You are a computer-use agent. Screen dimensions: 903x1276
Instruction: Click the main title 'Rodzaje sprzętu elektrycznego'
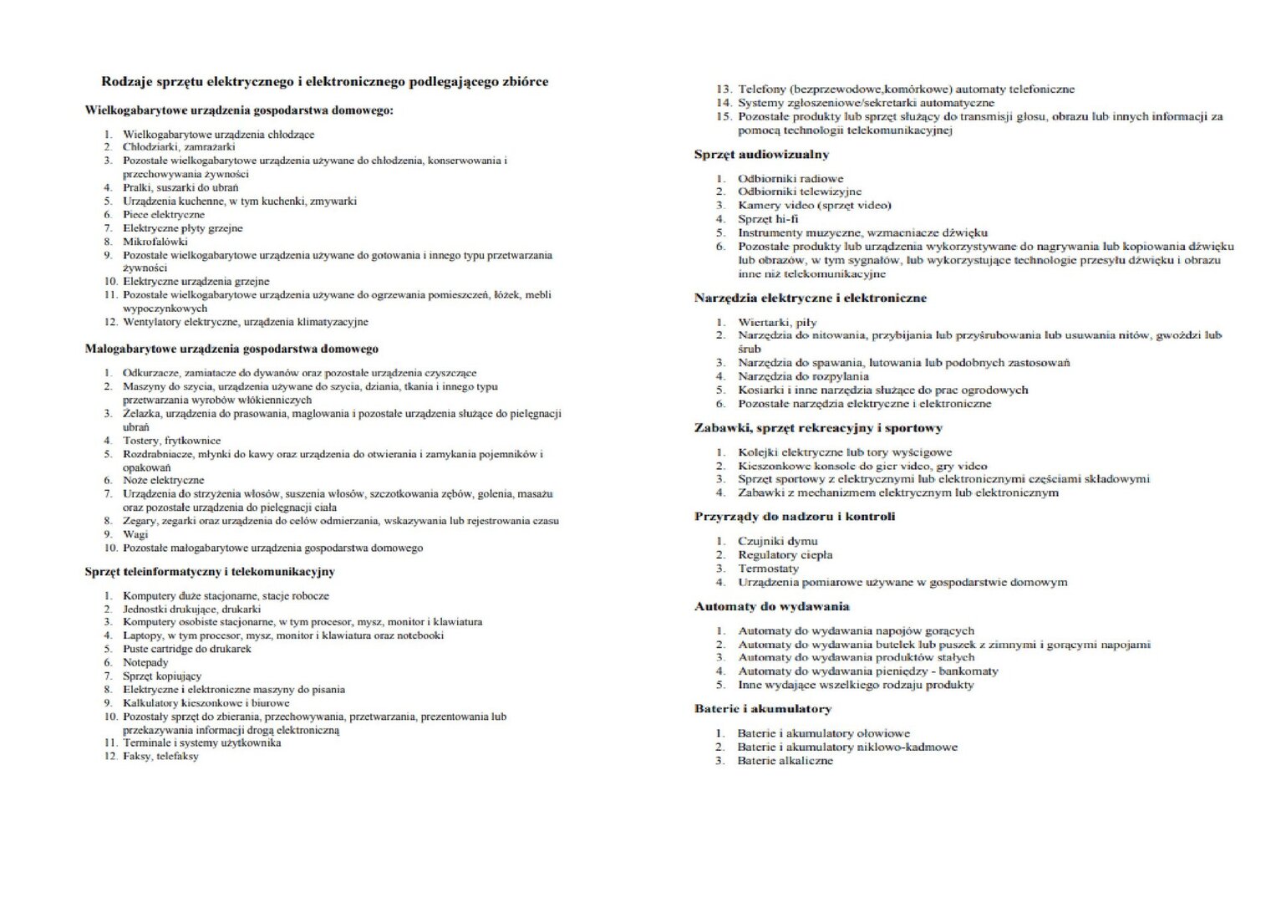coord(324,82)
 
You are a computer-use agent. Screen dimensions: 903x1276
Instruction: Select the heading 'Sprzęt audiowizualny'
coord(761,154)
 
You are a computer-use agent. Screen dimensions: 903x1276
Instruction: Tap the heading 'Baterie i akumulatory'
coord(763,709)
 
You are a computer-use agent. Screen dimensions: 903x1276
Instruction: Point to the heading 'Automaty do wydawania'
coord(771,607)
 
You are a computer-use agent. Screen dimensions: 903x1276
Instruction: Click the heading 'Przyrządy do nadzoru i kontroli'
coord(794,517)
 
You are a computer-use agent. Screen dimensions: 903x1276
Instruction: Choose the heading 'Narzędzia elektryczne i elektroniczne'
coord(810,298)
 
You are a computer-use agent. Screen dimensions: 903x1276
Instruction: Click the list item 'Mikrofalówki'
coord(155,242)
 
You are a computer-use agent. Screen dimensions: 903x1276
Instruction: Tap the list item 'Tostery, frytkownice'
coord(171,441)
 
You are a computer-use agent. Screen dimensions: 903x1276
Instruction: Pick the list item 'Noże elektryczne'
coord(163,481)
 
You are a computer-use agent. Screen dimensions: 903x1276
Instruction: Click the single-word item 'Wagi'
coord(135,534)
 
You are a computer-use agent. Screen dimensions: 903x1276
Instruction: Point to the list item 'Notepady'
coord(145,662)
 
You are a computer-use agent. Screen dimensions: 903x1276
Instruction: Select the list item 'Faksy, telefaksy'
coord(160,757)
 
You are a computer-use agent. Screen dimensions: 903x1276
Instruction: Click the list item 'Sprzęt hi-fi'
coord(767,219)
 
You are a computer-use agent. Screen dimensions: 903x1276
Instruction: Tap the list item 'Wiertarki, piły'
coord(776,322)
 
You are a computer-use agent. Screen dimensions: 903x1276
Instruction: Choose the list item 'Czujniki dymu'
coord(777,541)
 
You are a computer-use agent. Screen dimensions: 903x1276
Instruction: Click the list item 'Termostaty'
coord(767,569)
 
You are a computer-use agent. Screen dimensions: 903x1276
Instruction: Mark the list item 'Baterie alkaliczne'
coord(785,761)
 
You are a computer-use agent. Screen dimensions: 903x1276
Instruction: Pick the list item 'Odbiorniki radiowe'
coord(790,178)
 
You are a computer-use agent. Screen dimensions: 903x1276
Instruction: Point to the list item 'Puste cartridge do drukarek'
coord(186,649)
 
